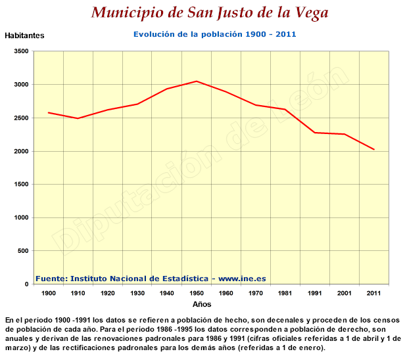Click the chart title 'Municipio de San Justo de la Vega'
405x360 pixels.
point(210,12)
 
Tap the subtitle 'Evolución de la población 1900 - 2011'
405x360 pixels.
point(215,34)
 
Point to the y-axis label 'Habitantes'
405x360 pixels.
point(24,36)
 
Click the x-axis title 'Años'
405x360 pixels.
point(202,305)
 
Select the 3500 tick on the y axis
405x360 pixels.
point(20,51)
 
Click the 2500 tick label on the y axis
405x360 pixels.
point(20,118)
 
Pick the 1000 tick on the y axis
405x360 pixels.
point(20,218)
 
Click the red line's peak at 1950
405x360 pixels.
point(197,81)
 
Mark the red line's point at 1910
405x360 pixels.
point(78,118)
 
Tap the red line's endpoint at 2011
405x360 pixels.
point(374,150)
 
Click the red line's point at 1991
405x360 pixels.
point(315,133)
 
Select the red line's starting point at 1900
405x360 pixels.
point(49,112)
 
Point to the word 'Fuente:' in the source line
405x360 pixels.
point(51,279)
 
